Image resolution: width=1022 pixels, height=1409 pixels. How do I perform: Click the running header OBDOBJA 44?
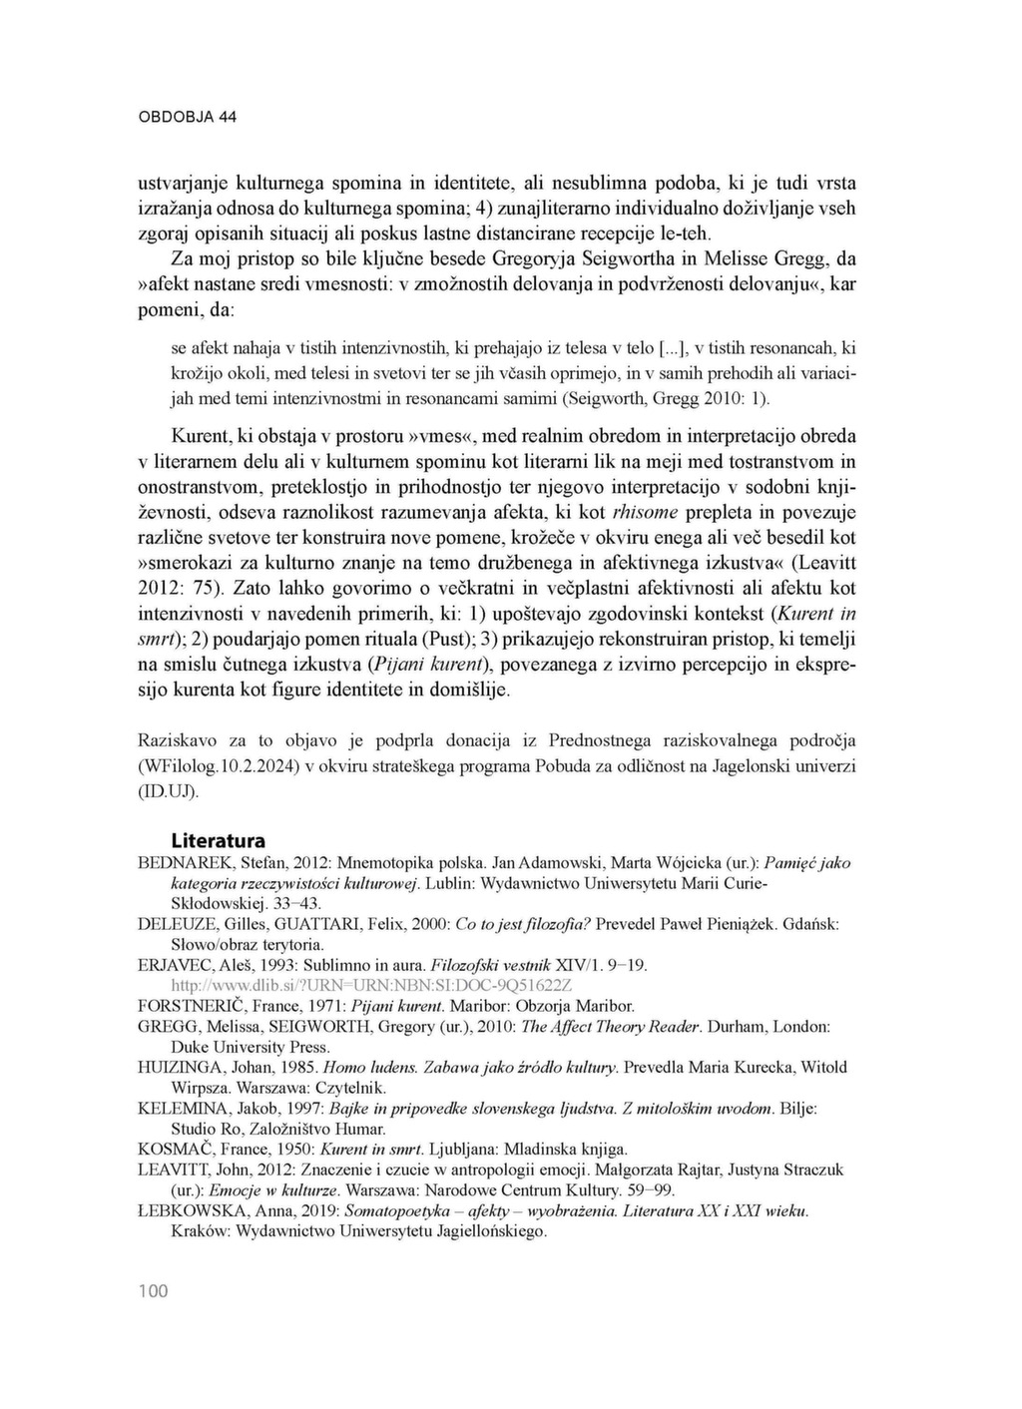pos(187,117)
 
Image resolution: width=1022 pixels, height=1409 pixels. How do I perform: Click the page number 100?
pos(154,1292)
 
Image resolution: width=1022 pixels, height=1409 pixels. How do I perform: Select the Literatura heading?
pos(218,840)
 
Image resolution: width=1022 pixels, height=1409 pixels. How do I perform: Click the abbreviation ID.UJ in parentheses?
pos(168,791)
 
